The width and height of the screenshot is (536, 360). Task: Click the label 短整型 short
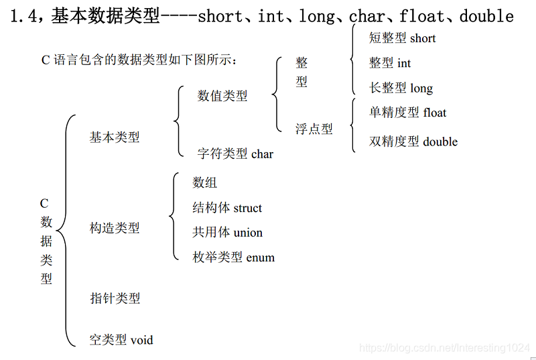tap(403, 38)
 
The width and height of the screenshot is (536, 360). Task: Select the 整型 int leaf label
tap(390, 63)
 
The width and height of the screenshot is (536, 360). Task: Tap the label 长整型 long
tap(401, 88)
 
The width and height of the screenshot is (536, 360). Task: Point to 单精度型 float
tap(407, 112)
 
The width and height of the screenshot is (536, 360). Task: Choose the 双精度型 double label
tap(413, 141)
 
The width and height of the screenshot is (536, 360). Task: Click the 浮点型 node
tap(314, 129)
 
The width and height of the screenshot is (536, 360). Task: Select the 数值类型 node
tap(222, 96)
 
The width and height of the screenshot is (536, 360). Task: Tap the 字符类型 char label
tap(235, 154)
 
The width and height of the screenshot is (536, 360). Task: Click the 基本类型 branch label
tap(115, 137)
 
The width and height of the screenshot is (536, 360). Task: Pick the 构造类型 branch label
tap(115, 228)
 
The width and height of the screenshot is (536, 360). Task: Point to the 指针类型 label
tap(115, 298)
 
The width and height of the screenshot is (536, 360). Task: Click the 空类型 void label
tap(121, 340)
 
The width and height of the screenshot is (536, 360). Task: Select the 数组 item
tap(204, 182)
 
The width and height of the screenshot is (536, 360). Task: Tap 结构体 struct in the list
tap(227, 208)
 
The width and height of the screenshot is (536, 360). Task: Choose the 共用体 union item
tap(227, 232)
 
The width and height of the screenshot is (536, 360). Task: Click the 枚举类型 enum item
tap(233, 257)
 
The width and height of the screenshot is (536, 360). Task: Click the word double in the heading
tap(486, 16)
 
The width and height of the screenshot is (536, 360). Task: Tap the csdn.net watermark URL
tap(444, 348)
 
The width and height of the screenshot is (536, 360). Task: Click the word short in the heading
tap(220, 16)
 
